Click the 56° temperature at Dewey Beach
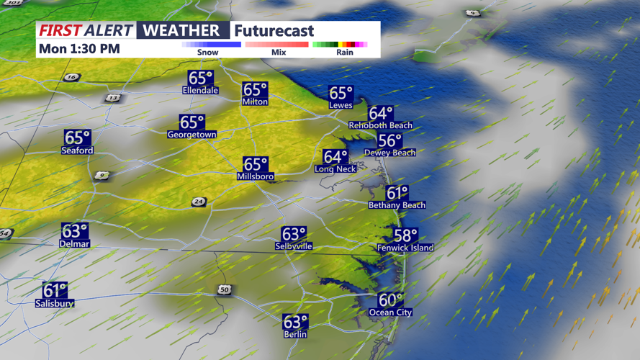pyautogui.click(x=389, y=141)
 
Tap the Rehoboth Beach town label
pyautogui.click(x=380, y=125)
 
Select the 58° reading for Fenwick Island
pyautogui.click(x=405, y=236)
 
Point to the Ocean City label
pyautogui.click(x=390, y=312)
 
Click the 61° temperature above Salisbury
pyautogui.click(x=55, y=291)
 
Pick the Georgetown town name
pyautogui.click(x=191, y=135)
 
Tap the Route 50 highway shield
pyautogui.click(x=225, y=289)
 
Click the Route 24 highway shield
pyautogui.click(x=199, y=202)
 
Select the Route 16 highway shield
pyautogui.click(x=71, y=78)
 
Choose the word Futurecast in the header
pyautogui.click(x=274, y=31)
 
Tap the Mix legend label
pyautogui.click(x=279, y=53)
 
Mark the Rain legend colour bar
pyautogui.click(x=340, y=45)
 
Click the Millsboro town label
pyautogui.click(x=255, y=176)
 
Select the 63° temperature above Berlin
pyautogui.click(x=295, y=322)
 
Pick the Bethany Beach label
pyautogui.click(x=397, y=205)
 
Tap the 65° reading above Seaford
pyautogui.click(x=77, y=138)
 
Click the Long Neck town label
pyautogui.click(x=335, y=168)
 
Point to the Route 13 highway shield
pyautogui.click(x=112, y=98)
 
